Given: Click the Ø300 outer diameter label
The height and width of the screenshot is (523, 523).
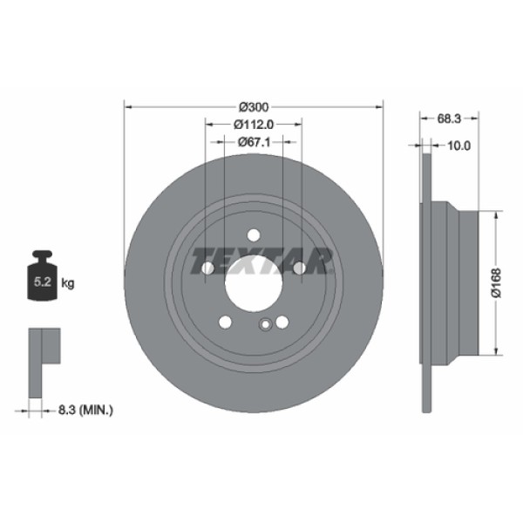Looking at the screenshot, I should point(254,106).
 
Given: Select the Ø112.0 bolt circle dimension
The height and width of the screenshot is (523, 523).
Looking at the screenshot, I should point(254,124).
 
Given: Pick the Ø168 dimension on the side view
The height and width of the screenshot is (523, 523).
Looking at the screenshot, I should point(494,282).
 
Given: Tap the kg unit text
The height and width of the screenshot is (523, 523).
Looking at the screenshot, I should point(68,283).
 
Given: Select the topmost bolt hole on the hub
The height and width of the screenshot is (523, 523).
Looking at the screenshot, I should point(254,235).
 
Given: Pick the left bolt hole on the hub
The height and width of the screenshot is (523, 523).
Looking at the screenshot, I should point(208,268).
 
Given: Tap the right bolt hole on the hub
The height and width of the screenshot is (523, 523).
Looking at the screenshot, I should point(299,268).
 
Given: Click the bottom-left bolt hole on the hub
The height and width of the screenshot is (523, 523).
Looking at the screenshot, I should point(226,323).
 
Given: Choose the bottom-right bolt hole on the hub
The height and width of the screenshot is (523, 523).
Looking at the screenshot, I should point(282,323).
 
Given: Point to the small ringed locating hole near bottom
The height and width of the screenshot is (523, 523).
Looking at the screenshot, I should point(263,326).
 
